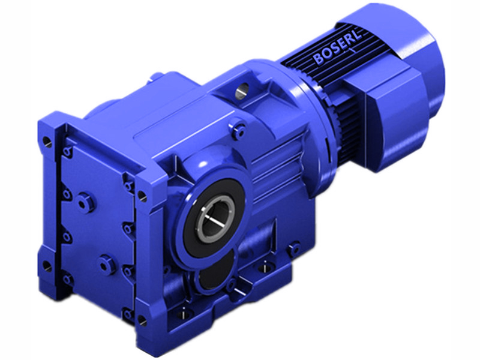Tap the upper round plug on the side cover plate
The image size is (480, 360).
89,202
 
